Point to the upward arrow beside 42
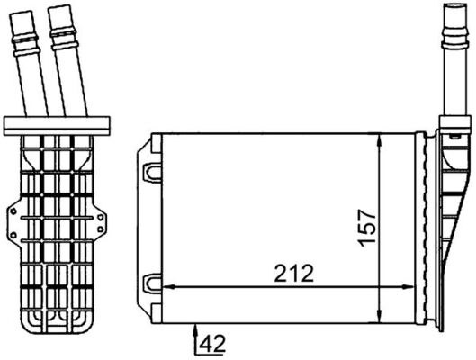(x=195, y=341)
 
